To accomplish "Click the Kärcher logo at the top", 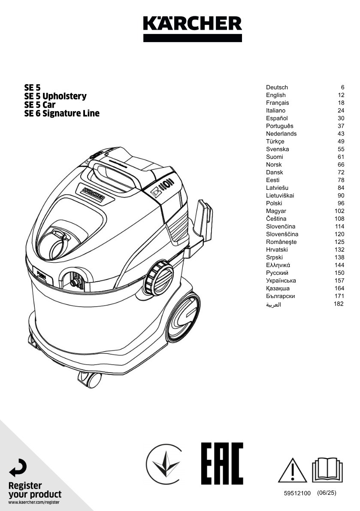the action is pos(192,29).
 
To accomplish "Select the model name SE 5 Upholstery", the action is pos(55,96).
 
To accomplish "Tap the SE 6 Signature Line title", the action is pos(62,113).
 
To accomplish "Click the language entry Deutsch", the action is pos(277,87).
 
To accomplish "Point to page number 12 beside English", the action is pos(341,95).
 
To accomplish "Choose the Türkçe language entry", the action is pos(275,141).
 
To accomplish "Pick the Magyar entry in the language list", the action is pos(276,211).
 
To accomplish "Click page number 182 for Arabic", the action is pos(339,304).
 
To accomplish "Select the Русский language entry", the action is pos(277,273).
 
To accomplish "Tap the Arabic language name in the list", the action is pos(273,304).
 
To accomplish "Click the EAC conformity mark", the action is pos(222,464).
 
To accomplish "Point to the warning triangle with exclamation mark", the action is pos(292,470).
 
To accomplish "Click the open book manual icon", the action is pos(327,470).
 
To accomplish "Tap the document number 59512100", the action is pos(297,493).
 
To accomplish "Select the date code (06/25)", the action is pos(327,493).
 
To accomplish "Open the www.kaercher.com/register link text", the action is pos(34,502).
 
